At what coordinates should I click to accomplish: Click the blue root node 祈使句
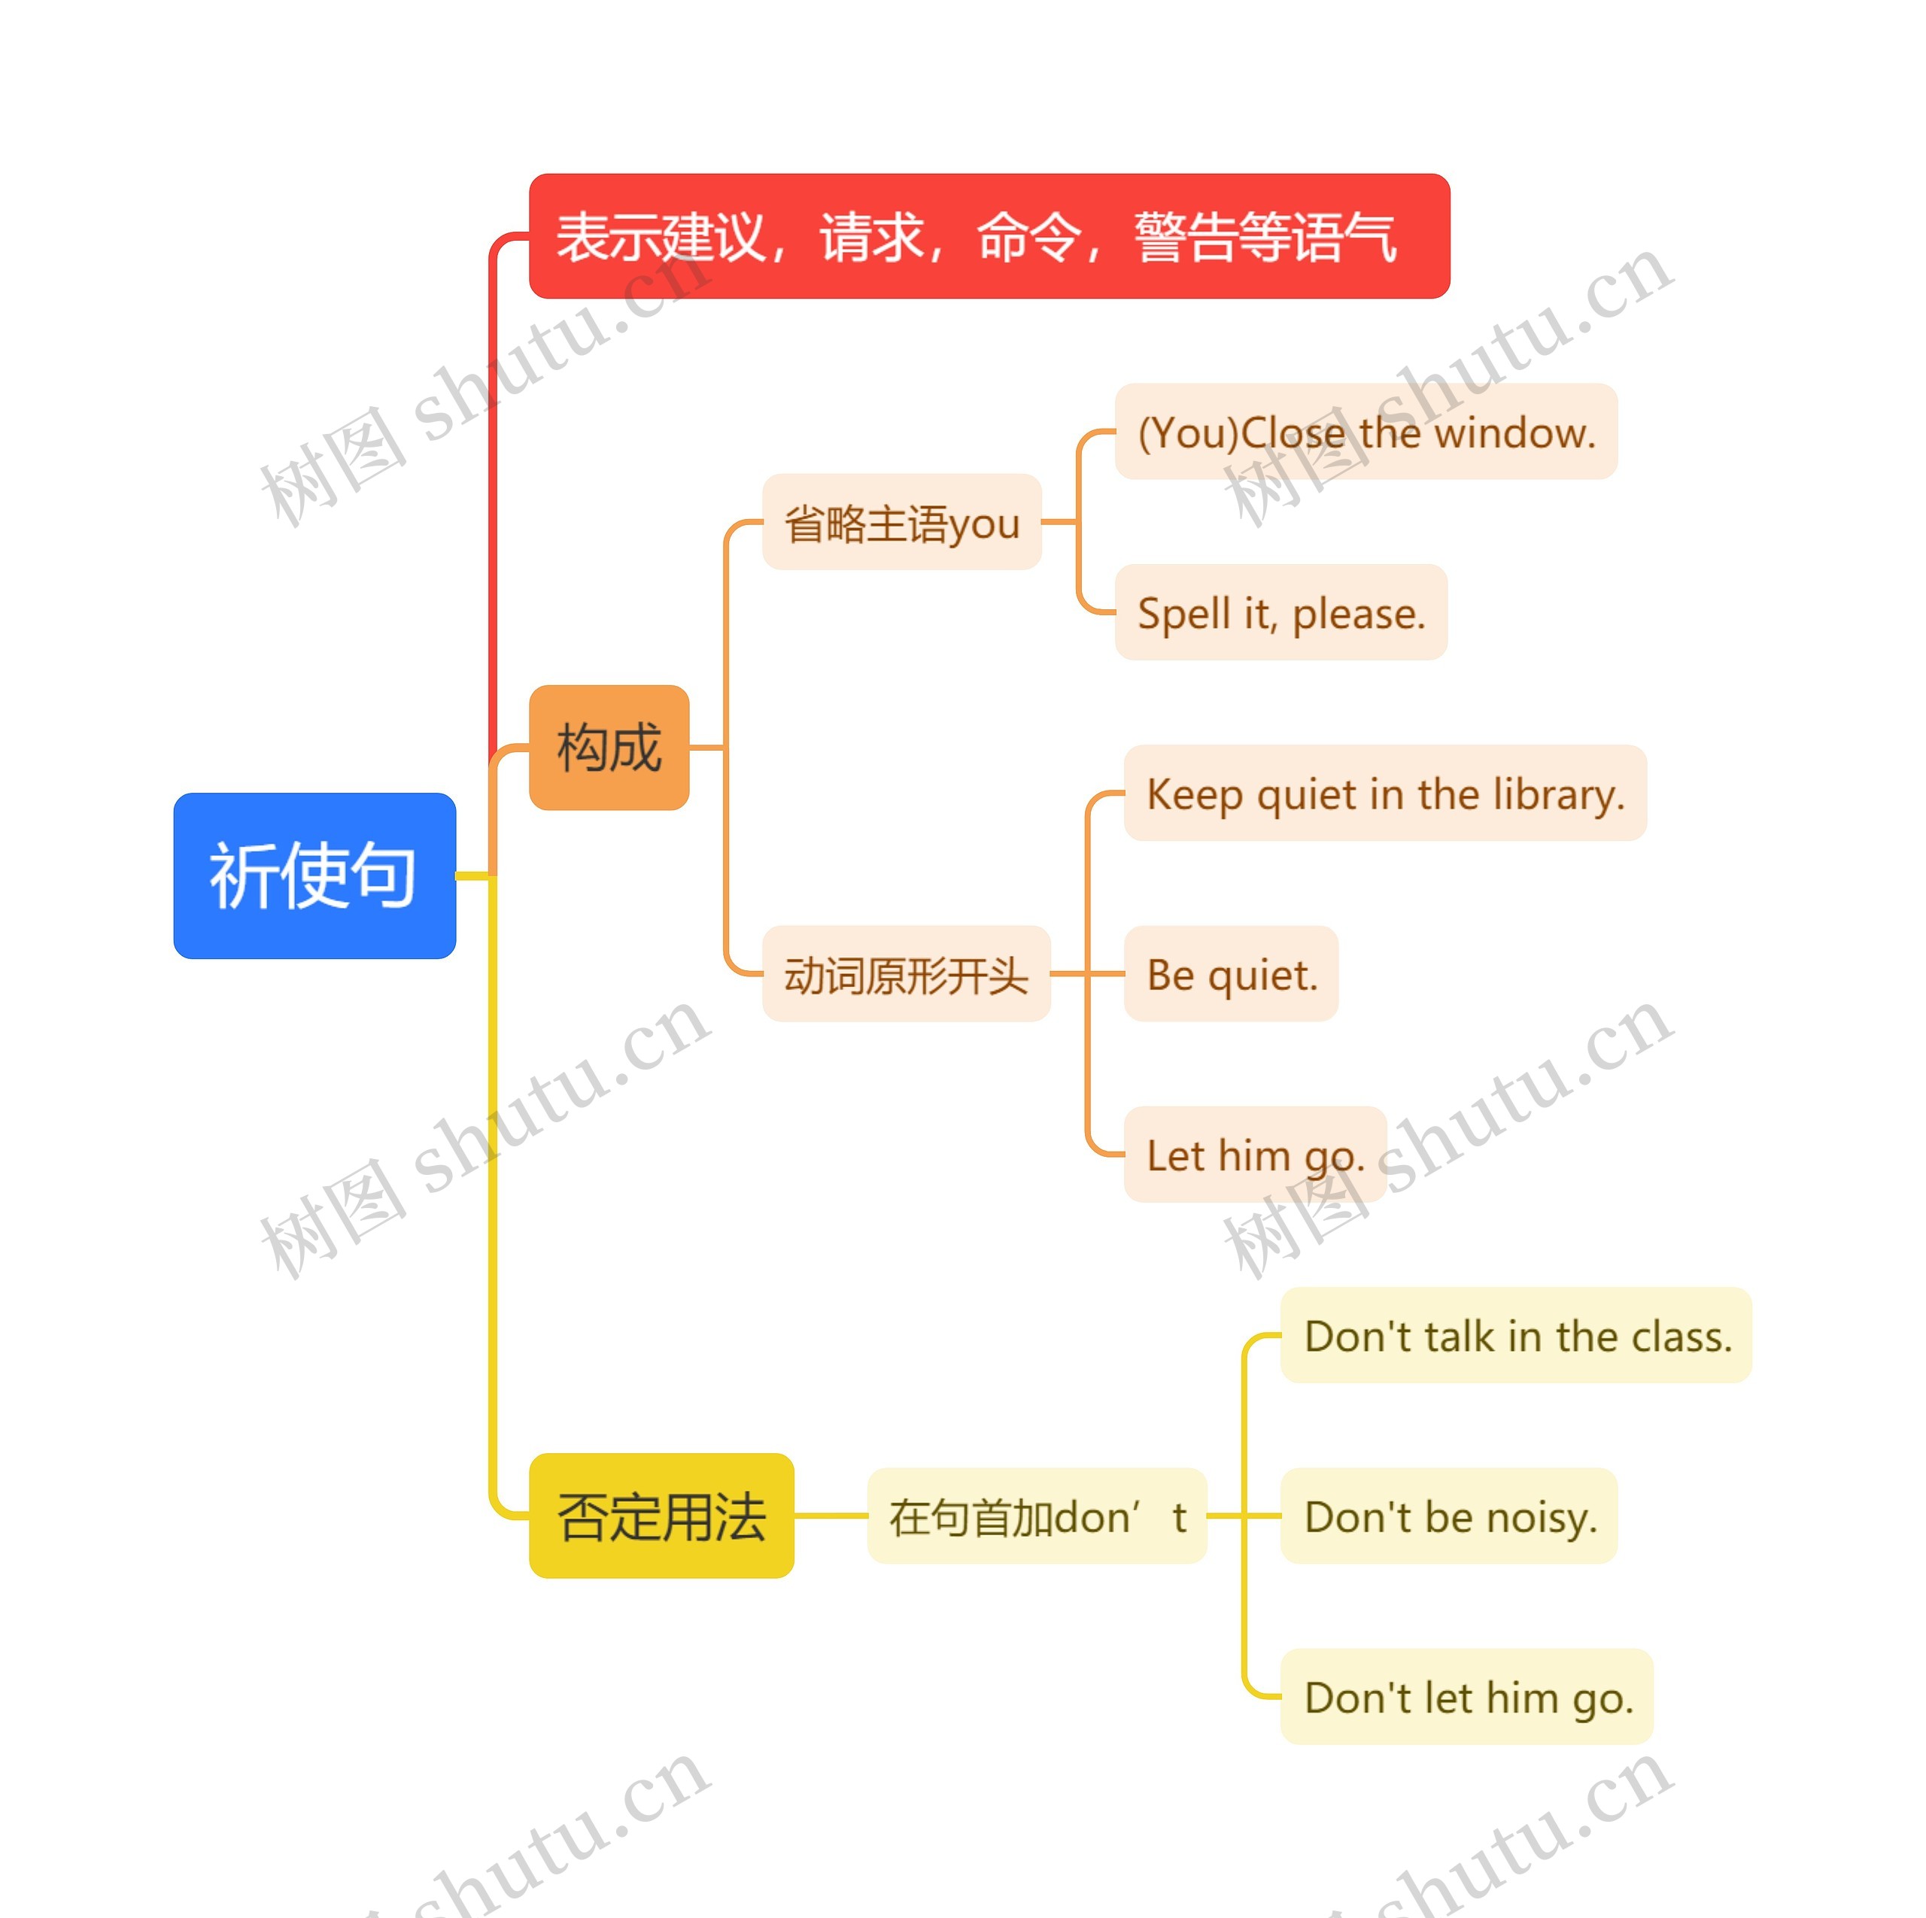314,876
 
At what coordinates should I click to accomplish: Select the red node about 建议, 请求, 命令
988,236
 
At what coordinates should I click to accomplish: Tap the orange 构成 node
608,747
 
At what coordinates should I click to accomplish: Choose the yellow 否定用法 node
661,1516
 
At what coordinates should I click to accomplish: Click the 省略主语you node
901,521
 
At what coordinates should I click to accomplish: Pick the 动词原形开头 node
905,974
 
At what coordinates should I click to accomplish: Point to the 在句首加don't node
1037,1516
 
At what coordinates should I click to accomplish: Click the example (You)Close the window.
1366,432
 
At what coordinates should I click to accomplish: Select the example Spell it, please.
1281,612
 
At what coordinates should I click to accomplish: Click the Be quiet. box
1231,974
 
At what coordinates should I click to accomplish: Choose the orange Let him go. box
1255,1155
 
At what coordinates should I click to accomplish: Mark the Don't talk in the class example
1515,1336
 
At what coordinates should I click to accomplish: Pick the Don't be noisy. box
1448,1516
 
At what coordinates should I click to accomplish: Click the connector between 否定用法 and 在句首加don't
831,1516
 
